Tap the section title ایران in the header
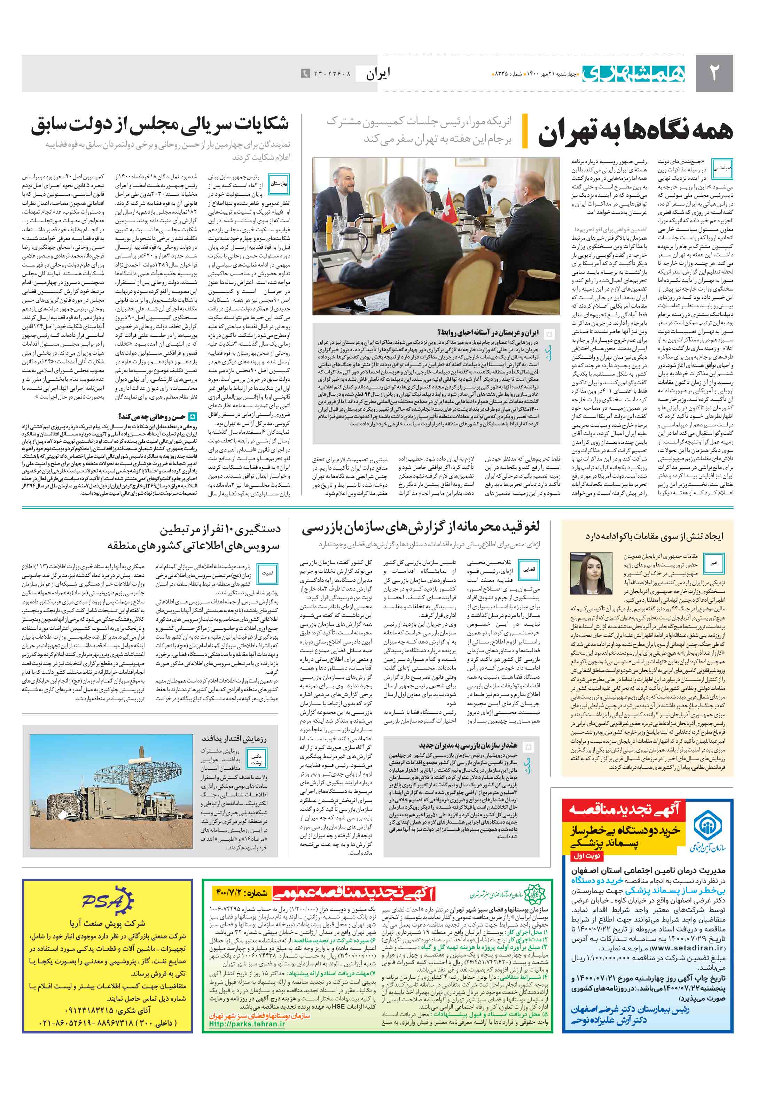point(378,74)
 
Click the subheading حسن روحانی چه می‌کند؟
point(151,416)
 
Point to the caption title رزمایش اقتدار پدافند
point(234,739)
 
